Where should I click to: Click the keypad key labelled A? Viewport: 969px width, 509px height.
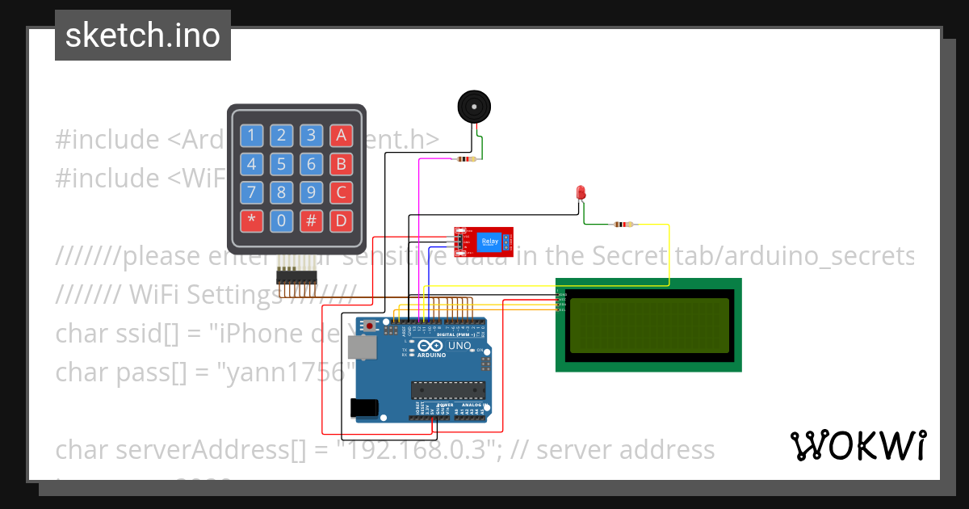(x=342, y=136)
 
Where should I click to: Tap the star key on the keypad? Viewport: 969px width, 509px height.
(x=251, y=221)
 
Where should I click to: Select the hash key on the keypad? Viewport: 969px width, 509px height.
(x=311, y=221)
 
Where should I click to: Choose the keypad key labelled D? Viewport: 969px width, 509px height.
(x=342, y=221)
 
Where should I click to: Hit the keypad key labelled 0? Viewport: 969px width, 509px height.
(x=281, y=221)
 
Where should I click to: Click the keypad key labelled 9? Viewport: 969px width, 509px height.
(x=311, y=192)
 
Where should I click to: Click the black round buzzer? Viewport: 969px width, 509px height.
(x=473, y=107)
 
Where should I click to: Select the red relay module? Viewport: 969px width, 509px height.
(x=483, y=241)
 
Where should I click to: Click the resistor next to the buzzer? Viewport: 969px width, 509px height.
(x=465, y=159)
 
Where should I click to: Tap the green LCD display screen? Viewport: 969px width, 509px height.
(x=649, y=326)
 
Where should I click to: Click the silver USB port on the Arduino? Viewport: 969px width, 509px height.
(x=361, y=347)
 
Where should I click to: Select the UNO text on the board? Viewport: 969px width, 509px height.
(x=459, y=346)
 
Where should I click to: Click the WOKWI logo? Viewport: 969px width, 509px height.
(x=858, y=445)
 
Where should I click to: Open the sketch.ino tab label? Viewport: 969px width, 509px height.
(x=143, y=36)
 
